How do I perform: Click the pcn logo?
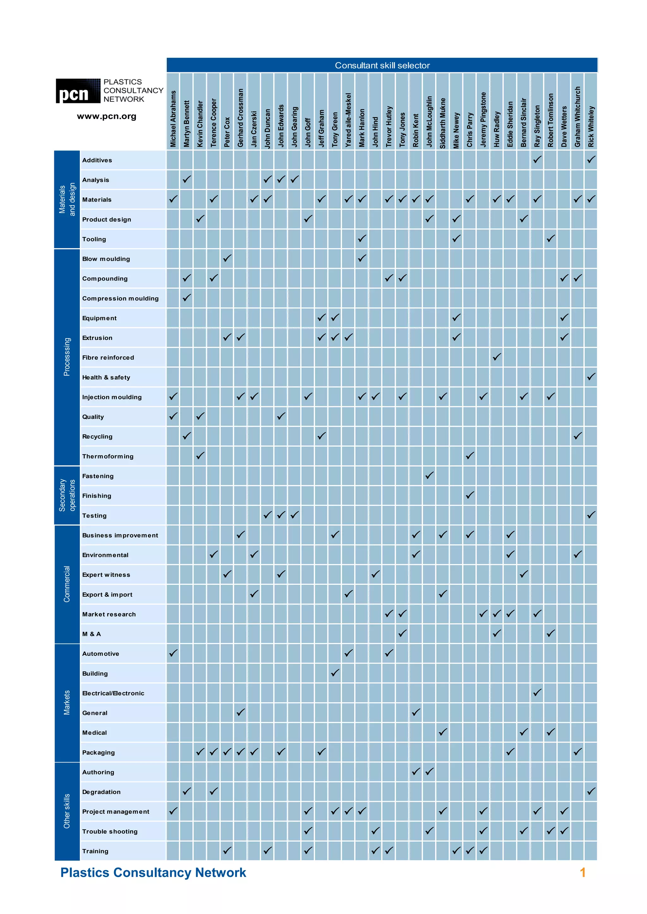tap(78, 91)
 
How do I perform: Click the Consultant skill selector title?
tap(382, 65)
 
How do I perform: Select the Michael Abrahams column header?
tap(173, 119)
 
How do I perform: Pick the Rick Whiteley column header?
tap(591, 126)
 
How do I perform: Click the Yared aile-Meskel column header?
tap(348, 120)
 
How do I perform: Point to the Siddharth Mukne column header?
tap(443, 123)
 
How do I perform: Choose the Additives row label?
tap(97, 160)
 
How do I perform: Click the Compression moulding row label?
tap(120, 299)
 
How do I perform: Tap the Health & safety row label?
tap(106, 377)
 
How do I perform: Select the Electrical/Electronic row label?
tap(113, 693)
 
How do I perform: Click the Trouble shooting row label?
tap(110, 832)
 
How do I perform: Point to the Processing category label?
tap(67, 357)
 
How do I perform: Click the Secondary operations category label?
tap(67, 495)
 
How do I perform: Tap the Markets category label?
tap(67, 703)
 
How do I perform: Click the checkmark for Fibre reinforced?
tap(496, 357)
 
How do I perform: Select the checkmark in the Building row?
tap(335, 673)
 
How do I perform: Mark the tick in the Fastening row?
tap(429, 475)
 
